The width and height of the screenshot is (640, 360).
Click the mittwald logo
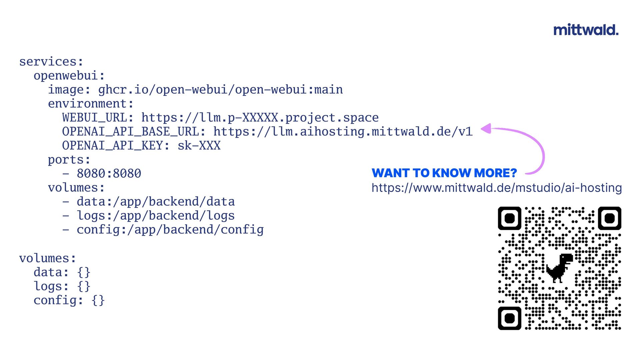[x=586, y=30]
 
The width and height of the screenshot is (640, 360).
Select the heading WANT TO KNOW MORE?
[x=444, y=173]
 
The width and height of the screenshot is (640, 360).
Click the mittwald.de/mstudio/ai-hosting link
[x=497, y=188]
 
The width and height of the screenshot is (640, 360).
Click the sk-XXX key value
[x=199, y=146]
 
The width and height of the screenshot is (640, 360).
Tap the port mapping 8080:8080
[x=109, y=174]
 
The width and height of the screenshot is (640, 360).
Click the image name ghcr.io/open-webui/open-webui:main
[x=220, y=90]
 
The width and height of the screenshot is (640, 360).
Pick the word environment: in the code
[x=91, y=104]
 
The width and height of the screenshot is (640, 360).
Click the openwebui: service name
[x=69, y=76]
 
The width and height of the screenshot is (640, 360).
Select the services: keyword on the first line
[x=51, y=62]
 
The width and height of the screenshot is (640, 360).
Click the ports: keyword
[x=69, y=160]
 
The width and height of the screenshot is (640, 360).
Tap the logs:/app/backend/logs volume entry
[x=156, y=216]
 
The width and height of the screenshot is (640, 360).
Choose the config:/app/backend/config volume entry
[x=170, y=230]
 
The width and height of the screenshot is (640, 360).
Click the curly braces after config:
[x=98, y=300]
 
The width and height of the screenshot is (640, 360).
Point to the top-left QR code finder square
[x=509, y=218]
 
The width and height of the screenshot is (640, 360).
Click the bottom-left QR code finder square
[x=509, y=318]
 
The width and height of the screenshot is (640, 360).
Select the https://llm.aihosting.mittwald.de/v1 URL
[x=343, y=132]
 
